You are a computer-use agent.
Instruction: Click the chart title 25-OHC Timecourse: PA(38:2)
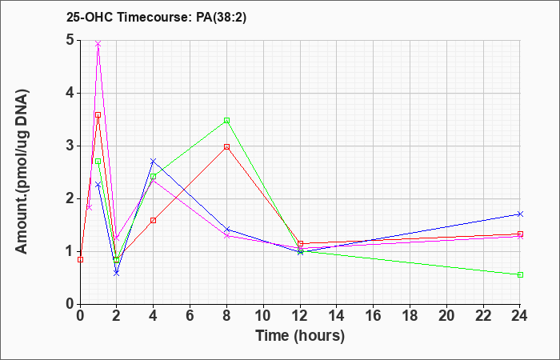pyautogui.click(x=157, y=18)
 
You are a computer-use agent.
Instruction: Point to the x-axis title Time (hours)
pyautogui.click(x=300, y=336)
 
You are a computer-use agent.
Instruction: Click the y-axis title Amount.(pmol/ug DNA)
pyautogui.click(x=22, y=172)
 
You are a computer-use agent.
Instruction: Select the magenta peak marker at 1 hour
pyautogui.click(x=98, y=43)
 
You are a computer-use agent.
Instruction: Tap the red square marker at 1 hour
pyautogui.click(x=98, y=115)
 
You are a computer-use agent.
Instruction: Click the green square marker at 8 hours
pyautogui.click(x=226, y=120)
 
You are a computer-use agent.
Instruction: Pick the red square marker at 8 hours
pyautogui.click(x=226, y=146)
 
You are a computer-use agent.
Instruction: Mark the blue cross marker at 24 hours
pyautogui.click(x=520, y=214)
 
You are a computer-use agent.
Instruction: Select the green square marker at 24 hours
pyautogui.click(x=520, y=274)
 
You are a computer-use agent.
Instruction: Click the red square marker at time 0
pyautogui.click(x=80, y=260)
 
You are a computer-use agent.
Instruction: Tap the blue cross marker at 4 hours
pyautogui.click(x=154, y=161)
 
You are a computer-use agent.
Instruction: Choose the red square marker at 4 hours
pyautogui.click(x=154, y=220)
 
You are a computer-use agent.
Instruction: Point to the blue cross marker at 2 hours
pyautogui.click(x=117, y=273)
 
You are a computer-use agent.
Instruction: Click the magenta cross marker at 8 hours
pyautogui.click(x=226, y=236)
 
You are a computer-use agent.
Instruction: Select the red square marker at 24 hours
pyautogui.click(x=520, y=234)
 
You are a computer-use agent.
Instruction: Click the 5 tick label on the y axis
pyautogui.click(x=70, y=40)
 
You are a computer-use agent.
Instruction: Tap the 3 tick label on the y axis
pyautogui.click(x=70, y=146)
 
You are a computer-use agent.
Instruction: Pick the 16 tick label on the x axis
pyautogui.click(x=374, y=316)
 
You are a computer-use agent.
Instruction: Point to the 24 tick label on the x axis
pyautogui.click(x=520, y=316)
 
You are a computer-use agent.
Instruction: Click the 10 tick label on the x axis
pyautogui.click(x=263, y=316)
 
